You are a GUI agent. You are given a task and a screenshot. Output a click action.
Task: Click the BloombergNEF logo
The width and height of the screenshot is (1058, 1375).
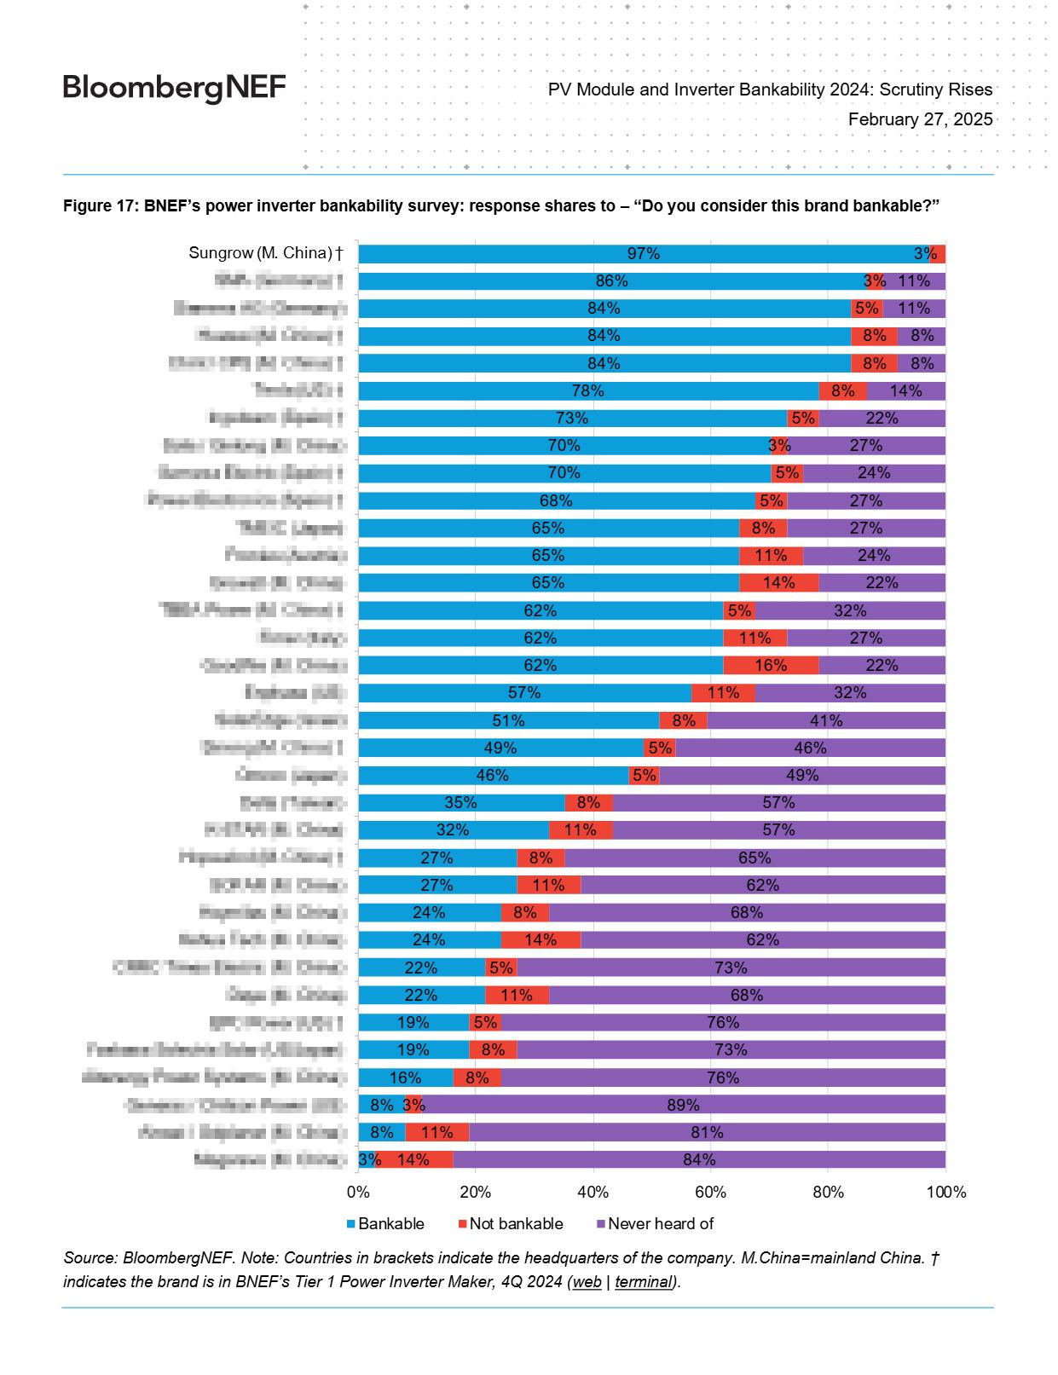tap(174, 88)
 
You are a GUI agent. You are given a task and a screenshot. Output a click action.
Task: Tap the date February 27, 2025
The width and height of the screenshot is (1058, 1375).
tap(920, 119)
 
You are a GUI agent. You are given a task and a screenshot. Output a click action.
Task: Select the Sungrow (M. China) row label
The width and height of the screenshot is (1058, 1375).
tap(265, 253)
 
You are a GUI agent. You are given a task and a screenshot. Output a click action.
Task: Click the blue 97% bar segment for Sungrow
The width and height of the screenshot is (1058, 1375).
tap(643, 253)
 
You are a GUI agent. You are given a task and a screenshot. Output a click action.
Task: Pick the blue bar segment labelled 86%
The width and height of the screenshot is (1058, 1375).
tap(611, 281)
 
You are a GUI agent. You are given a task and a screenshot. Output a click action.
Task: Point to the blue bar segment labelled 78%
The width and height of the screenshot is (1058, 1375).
tap(587, 390)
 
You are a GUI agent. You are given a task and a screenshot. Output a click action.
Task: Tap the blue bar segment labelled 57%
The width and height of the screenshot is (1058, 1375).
tap(524, 693)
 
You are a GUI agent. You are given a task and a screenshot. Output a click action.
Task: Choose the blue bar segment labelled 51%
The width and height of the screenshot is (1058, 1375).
tap(508, 720)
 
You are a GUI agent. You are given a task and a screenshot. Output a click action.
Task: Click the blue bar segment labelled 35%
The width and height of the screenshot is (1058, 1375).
tap(460, 802)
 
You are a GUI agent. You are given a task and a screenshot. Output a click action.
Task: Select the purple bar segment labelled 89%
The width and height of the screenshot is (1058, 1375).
tap(683, 1105)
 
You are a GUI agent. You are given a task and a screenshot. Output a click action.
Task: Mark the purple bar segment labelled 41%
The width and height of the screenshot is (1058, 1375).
tap(825, 720)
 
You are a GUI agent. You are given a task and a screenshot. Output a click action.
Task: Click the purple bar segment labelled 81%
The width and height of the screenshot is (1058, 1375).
tap(707, 1132)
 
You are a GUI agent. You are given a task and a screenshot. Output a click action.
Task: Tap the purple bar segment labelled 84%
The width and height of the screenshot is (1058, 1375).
tap(699, 1159)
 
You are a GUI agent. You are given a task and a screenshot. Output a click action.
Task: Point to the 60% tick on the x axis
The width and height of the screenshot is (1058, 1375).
tap(710, 1192)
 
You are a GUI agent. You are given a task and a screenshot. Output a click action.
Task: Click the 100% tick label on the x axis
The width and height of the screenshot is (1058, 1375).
tap(945, 1192)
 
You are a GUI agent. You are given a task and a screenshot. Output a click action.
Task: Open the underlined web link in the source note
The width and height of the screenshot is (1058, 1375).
tap(587, 1281)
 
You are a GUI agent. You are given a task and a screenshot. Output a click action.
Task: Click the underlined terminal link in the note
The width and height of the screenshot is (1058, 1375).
tap(643, 1281)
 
